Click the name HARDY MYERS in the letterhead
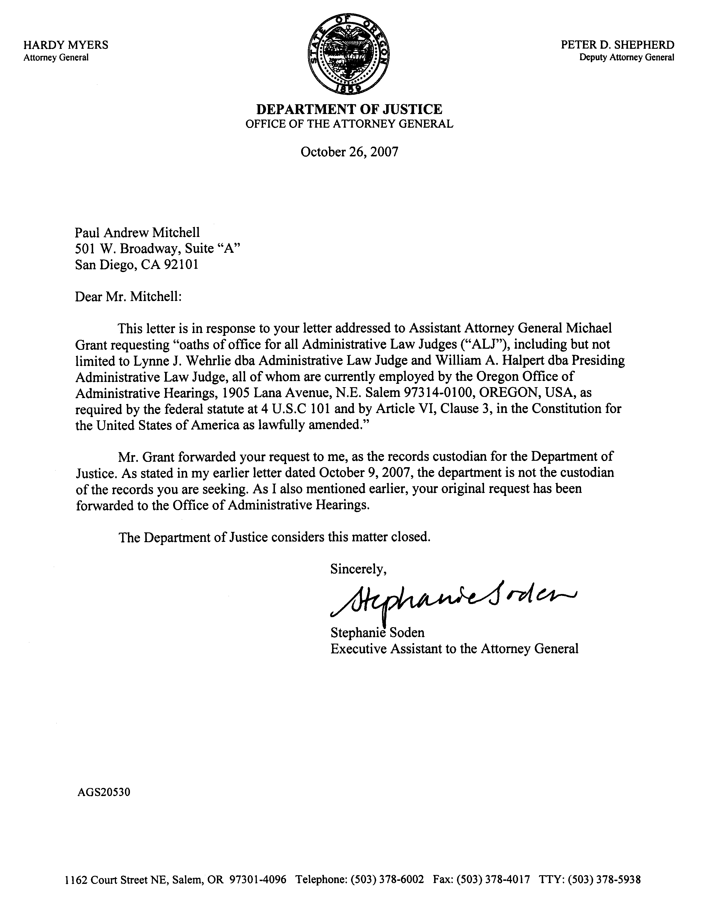point(66,45)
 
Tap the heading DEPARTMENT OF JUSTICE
point(349,109)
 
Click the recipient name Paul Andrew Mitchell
point(137,232)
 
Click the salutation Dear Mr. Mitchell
point(128,297)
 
